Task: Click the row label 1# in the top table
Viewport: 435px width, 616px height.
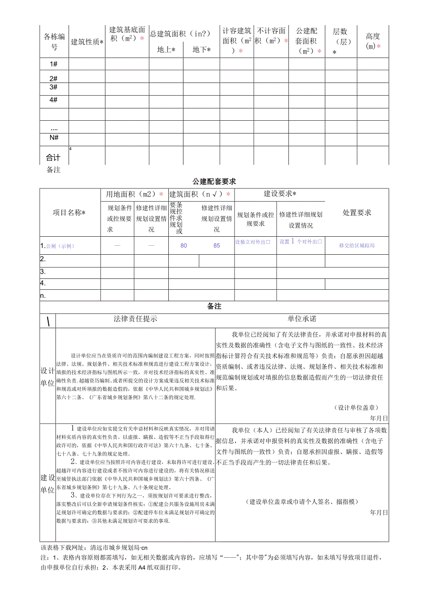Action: (54, 64)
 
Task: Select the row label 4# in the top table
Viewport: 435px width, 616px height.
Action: (54, 100)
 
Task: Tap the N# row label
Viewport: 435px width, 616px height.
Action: (54, 137)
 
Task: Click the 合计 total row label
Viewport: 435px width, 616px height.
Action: (53, 158)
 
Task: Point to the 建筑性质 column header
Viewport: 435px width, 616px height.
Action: (87, 42)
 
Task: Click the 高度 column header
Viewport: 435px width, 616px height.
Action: (373, 41)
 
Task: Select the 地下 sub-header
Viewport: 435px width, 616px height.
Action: (201, 50)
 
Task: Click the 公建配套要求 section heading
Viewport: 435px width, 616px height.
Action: (214, 181)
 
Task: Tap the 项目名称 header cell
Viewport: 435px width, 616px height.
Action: (70, 213)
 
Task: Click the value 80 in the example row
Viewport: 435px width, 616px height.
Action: (183, 246)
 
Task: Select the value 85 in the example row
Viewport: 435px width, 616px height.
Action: (217, 246)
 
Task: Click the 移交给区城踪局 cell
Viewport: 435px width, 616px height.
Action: (357, 246)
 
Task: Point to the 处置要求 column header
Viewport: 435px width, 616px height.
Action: (357, 213)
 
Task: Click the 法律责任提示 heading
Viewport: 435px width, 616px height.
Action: (135, 319)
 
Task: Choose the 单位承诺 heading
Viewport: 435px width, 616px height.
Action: (302, 319)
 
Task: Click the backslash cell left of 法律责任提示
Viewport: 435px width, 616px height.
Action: (48, 321)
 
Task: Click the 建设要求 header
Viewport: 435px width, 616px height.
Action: (280, 194)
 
